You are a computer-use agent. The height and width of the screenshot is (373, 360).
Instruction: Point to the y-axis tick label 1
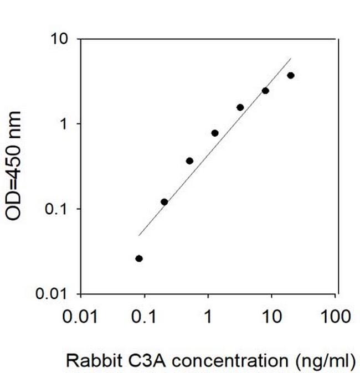point(65,124)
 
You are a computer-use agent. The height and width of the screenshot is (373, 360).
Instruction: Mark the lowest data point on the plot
point(139,258)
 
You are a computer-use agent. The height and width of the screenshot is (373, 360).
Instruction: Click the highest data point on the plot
point(291,75)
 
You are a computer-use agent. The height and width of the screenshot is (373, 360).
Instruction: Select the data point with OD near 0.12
point(164,202)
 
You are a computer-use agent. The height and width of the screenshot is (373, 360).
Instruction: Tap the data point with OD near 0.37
point(189,161)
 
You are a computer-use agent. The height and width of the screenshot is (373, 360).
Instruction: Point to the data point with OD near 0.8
point(215,133)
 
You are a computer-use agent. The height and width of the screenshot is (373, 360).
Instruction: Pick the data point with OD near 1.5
point(240,107)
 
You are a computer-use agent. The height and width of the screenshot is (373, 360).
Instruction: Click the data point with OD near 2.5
point(265,91)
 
